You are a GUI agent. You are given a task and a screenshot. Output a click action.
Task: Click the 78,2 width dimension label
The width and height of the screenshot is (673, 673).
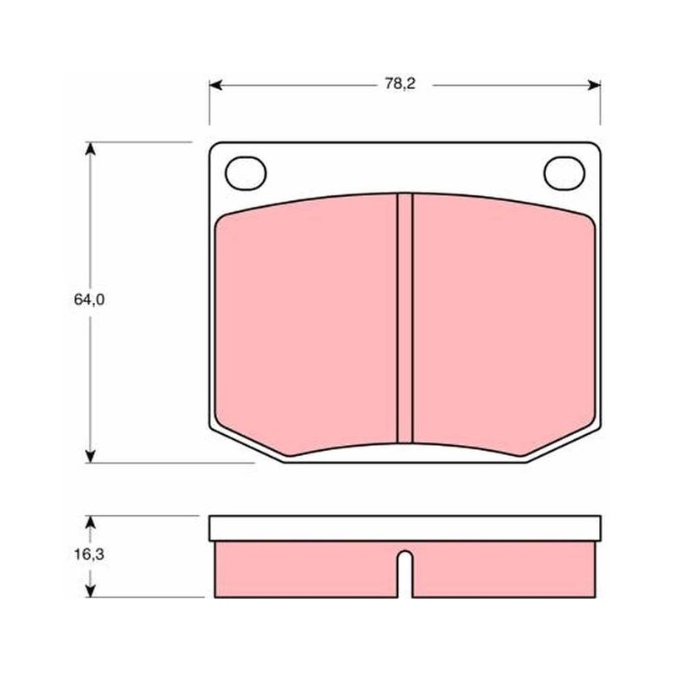click(x=400, y=84)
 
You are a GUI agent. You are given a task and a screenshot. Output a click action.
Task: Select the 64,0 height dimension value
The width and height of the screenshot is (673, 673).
click(x=89, y=299)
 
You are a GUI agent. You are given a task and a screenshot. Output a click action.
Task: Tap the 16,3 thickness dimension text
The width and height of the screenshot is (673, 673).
click(x=89, y=554)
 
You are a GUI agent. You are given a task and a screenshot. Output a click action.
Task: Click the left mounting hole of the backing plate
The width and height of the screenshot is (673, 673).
click(x=246, y=173)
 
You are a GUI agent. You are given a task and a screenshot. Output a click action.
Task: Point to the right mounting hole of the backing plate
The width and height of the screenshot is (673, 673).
click(x=564, y=173)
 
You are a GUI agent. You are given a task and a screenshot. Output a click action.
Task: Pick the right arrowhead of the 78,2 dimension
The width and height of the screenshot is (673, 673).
click(x=594, y=86)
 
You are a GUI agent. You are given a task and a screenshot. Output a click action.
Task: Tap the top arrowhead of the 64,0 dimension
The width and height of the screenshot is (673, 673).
click(x=90, y=149)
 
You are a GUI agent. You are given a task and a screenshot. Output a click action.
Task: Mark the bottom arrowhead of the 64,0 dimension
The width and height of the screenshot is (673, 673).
click(x=90, y=456)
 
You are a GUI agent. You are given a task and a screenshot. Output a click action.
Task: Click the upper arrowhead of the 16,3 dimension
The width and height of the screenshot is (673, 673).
click(x=90, y=522)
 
